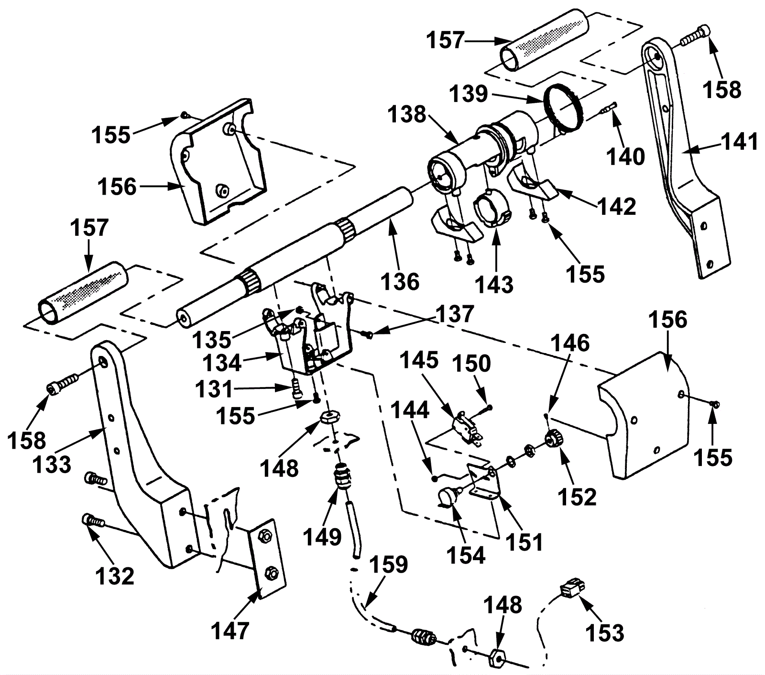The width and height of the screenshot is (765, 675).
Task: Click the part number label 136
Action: coord(400,281)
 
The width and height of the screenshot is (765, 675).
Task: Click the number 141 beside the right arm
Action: coord(740,142)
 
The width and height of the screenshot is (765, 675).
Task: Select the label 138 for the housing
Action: coord(407,115)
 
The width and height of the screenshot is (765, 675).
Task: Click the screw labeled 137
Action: coord(368,335)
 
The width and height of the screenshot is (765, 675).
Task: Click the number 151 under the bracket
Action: coord(524,542)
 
